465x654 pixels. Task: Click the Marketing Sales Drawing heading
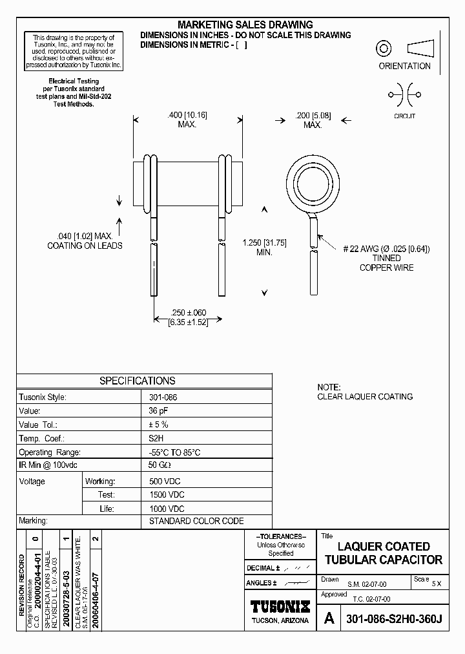point(245,25)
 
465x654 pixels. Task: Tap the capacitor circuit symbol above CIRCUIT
point(404,95)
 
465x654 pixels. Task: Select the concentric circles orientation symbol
point(384,48)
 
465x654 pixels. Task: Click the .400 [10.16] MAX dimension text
point(187,120)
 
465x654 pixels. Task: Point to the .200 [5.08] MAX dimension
point(313,120)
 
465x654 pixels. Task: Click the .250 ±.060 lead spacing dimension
point(188,317)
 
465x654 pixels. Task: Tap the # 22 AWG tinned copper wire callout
point(386,258)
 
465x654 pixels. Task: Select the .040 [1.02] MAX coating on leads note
point(85,240)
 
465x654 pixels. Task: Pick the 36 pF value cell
point(158,411)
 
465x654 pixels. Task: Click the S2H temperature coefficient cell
point(157,439)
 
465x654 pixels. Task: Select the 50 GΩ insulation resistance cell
point(161,467)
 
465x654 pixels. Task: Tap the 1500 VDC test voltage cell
point(167,495)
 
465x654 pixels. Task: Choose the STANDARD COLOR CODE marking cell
point(196,521)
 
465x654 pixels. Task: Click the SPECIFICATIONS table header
point(137,381)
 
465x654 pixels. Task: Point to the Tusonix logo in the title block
point(280,607)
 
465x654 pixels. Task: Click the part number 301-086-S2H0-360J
point(394,619)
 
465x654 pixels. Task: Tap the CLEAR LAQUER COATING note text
point(365,397)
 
